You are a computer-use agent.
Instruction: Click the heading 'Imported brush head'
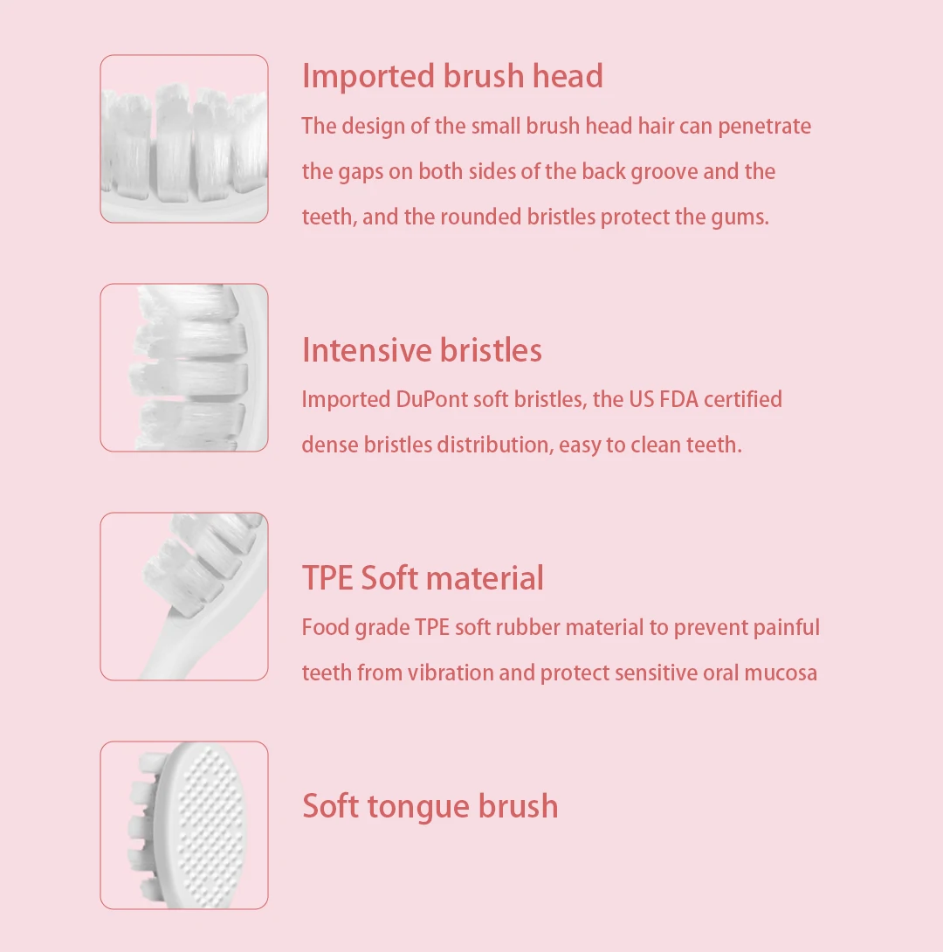(x=452, y=76)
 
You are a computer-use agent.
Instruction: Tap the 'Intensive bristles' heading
(x=422, y=350)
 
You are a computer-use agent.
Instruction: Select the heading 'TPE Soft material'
(x=423, y=578)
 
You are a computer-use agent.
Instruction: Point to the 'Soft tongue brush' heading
(x=430, y=805)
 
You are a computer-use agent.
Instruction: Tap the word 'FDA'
(x=676, y=399)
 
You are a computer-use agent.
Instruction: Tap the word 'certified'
(x=743, y=399)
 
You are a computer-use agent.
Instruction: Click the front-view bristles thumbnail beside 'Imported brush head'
(x=184, y=138)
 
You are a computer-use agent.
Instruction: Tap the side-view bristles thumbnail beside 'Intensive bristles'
(x=184, y=367)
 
